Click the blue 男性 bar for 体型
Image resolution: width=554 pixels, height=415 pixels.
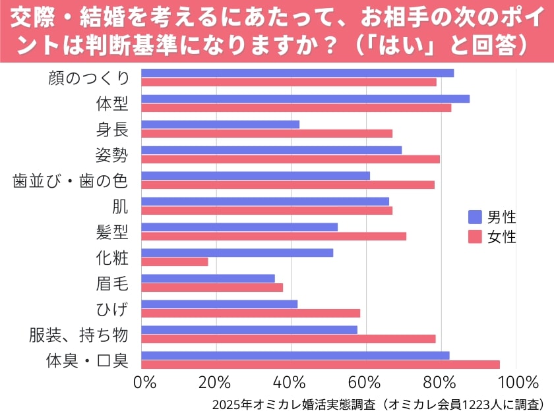[x=305, y=99]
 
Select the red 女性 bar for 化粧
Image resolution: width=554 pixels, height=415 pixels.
[x=175, y=262]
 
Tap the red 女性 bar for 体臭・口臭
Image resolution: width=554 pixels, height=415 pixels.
[x=321, y=364]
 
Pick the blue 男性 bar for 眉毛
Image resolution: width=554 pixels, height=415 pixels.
[x=208, y=279]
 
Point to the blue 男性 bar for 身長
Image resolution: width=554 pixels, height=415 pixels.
[x=220, y=124]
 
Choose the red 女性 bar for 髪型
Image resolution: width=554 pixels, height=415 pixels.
[x=274, y=236]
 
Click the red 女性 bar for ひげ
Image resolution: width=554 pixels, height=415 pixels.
[x=251, y=313]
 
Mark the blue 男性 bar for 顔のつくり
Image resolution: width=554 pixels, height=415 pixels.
[x=297, y=73]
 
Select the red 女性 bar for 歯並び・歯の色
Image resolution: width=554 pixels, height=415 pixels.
[x=288, y=184]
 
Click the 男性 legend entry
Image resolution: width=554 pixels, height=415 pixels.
[x=492, y=217]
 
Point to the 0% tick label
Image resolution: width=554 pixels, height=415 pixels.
[x=145, y=382]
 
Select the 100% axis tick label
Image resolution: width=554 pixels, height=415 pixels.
[x=519, y=382]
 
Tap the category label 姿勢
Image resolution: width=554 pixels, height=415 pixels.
[x=112, y=155]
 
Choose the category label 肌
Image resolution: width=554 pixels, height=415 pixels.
[x=120, y=206]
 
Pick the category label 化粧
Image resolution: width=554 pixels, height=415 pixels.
[x=112, y=258]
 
